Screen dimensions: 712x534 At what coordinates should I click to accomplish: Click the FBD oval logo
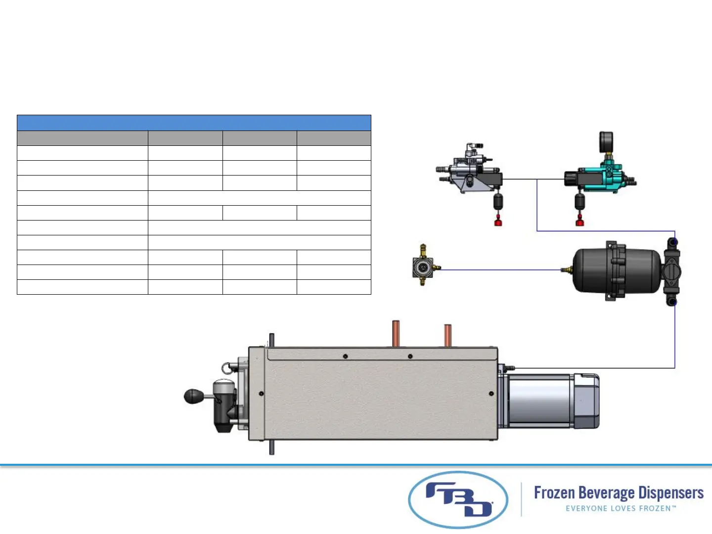[x=458, y=499]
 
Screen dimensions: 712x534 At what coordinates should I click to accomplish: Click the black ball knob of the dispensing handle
[x=194, y=397]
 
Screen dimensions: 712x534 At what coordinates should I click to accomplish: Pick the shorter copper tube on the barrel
[x=447, y=336]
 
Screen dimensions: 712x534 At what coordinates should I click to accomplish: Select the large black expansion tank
[x=616, y=271]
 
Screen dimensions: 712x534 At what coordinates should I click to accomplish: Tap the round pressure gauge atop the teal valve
[x=606, y=140]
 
